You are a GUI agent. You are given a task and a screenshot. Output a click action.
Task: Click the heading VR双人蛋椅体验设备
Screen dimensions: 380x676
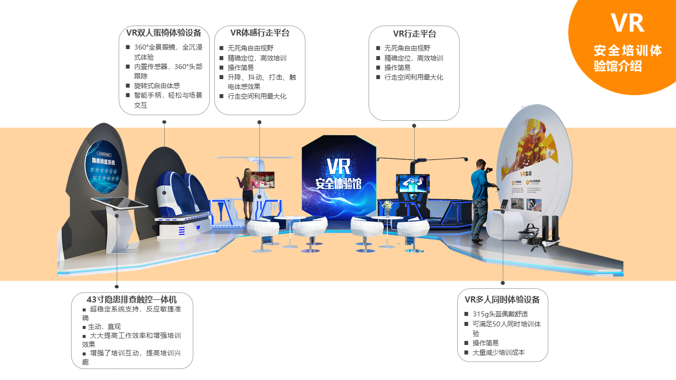(164, 33)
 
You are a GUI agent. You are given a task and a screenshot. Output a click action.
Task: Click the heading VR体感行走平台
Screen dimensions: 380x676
(260, 33)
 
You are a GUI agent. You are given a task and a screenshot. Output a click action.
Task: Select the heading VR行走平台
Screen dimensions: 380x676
(414, 34)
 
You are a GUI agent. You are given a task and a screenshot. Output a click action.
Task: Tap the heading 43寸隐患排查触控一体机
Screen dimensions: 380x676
(132, 299)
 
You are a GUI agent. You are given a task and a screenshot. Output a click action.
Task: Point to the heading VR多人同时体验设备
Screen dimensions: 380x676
(502, 299)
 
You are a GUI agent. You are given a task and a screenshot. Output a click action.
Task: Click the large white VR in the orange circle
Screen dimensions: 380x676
(627, 23)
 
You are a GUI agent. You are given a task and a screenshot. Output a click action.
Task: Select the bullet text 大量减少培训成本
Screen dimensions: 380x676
(498, 352)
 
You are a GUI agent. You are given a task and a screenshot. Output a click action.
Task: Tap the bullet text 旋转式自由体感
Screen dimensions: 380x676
(157, 86)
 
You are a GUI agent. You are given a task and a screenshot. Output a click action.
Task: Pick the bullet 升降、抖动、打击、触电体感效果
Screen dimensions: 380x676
(261, 82)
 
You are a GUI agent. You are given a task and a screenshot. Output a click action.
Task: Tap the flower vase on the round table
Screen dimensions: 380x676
(387, 208)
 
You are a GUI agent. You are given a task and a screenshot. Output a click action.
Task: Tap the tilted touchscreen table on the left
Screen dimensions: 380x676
(120, 203)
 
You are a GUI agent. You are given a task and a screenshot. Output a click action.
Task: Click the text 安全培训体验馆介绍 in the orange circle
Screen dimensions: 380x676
(627, 58)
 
